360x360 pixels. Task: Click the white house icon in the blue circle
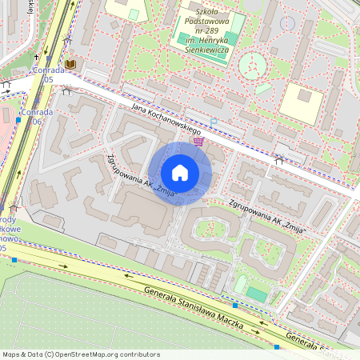click(x=180, y=173)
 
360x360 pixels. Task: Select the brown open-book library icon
click(x=71, y=63)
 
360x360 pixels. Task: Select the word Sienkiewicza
click(x=203, y=50)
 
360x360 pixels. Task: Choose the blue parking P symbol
click(x=214, y=121)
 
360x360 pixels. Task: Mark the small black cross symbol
click(x=66, y=38)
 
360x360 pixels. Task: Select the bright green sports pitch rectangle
click(x=256, y=294)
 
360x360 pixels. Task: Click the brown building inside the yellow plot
click(x=304, y=96)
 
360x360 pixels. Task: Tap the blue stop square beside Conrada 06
click(x=19, y=119)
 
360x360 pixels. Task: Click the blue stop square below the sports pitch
click(x=235, y=306)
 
